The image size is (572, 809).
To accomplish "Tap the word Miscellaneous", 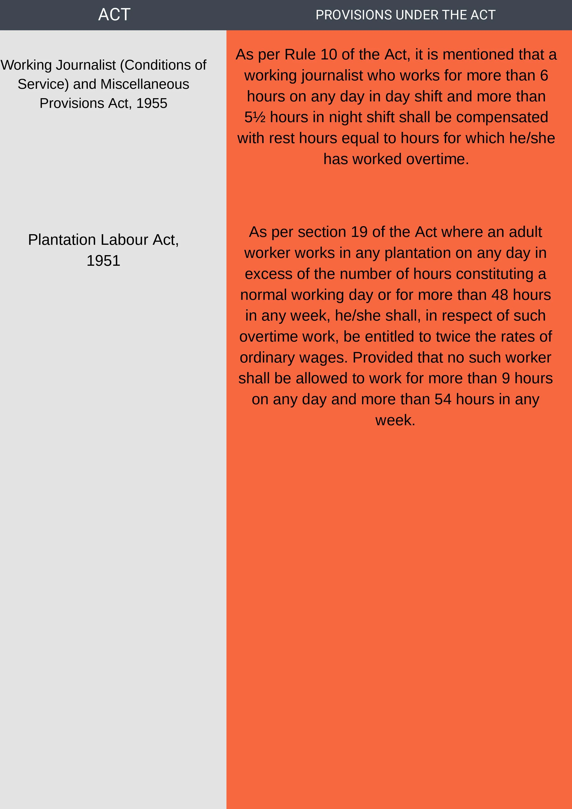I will [145, 84].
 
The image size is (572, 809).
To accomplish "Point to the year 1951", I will [103, 261].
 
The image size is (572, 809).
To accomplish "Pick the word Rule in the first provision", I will [300, 55].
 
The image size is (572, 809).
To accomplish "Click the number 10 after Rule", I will [329, 55].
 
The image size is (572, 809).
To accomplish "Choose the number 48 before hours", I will [499, 295].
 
